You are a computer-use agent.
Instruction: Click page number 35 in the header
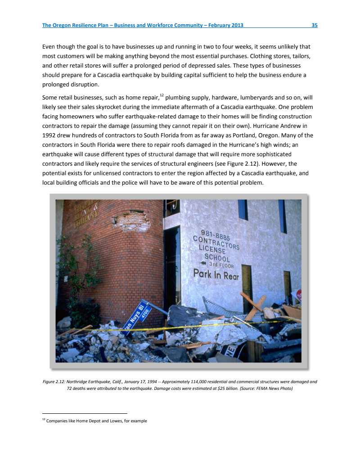click(315, 25)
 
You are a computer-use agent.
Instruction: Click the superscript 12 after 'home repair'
click(161, 95)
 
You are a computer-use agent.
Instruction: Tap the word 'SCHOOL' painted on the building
click(217, 257)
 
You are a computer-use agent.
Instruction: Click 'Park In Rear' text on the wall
click(216, 274)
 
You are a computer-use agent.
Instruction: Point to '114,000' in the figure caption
click(195, 382)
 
